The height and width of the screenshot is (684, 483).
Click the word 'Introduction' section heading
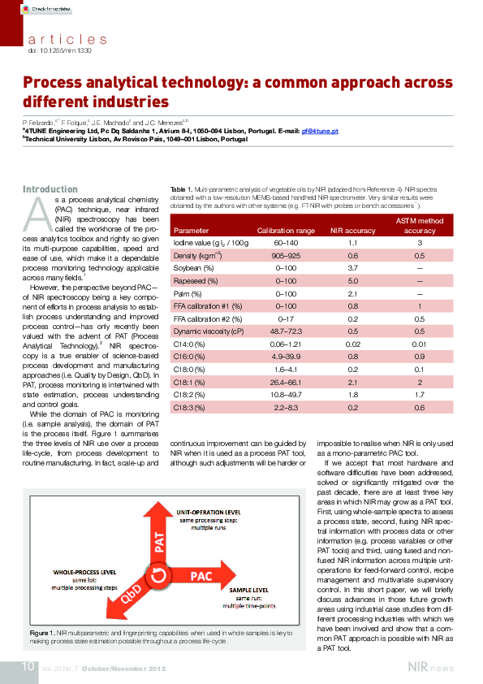point(50,189)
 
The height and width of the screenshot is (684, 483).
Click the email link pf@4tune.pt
point(320,131)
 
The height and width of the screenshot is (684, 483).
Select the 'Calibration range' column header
point(286,231)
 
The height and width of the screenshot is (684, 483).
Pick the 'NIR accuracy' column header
point(353,231)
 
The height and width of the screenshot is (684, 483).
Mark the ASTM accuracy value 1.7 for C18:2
point(420,395)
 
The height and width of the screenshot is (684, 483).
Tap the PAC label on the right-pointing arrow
point(201,575)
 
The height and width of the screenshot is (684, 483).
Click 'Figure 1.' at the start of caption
point(41,630)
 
